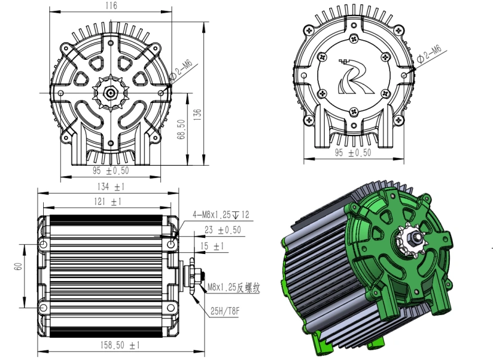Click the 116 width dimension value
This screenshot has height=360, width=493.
[110, 6]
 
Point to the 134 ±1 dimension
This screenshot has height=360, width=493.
[110, 187]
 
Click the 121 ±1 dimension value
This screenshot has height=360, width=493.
[108, 202]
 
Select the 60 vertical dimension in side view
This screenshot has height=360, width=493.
[18, 266]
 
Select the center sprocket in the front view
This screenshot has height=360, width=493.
[110, 93]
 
